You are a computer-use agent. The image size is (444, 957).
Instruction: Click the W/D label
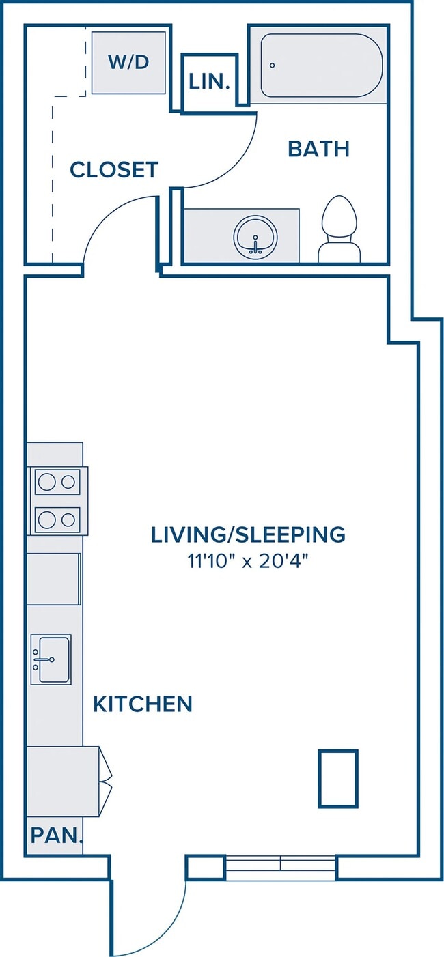(x=128, y=62)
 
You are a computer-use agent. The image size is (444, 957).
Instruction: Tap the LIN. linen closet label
(x=210, y=82)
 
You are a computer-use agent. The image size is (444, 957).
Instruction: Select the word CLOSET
(x=114, y=169)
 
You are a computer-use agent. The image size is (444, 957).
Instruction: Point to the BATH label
(x=319, y=149)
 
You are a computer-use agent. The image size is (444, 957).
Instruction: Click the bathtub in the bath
(x=322, y=66)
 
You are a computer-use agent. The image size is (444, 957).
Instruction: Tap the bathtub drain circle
(x=273, y=66)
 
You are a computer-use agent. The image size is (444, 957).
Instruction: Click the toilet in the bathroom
(x=339, y=229)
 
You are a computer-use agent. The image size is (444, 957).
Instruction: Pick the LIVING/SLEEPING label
(x=248, y=534)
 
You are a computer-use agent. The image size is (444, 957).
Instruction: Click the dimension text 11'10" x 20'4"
(x=248, y=561)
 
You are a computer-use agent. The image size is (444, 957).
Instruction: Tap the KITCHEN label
(x=143, y=704)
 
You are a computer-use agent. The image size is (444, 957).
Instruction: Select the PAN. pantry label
(x=57, y=835)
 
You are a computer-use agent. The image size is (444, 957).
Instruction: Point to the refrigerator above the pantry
(x=64, y=782)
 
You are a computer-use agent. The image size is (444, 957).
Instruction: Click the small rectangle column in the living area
(x=337, y=779)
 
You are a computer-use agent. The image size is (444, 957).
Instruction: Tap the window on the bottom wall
(x=280, y=868)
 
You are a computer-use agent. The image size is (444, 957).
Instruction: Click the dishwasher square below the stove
(x=53, y=579)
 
